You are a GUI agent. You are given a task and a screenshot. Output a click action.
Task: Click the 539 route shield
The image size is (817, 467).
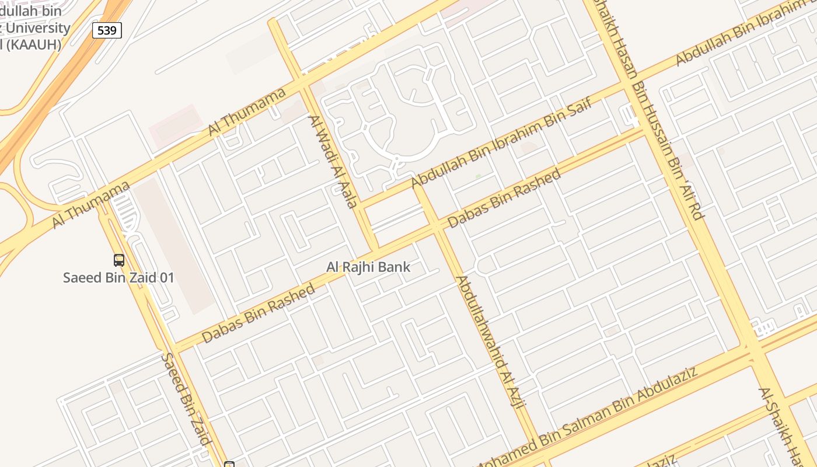107,30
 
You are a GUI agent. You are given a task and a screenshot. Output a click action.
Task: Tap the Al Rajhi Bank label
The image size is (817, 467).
368,267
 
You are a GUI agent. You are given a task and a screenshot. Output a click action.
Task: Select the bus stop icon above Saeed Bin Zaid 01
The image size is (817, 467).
119,260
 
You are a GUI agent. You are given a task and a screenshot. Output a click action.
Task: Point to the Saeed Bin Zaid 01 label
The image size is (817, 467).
118,277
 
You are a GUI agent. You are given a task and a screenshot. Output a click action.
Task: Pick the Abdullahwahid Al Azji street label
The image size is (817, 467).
491,342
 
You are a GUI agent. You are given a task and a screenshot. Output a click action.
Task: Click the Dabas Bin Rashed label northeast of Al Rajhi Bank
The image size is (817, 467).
504,198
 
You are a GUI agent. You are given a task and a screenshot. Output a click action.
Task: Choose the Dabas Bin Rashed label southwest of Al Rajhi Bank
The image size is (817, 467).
259,313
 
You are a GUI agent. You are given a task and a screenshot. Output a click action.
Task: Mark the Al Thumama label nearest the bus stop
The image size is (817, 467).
90,205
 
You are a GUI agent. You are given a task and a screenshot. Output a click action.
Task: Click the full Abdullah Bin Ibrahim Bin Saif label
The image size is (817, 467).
501,143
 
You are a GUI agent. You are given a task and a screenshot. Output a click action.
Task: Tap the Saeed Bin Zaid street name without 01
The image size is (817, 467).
186,399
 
